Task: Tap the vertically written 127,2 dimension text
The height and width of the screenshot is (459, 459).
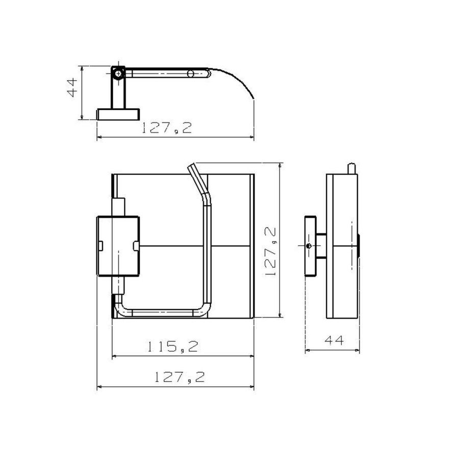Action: tap(271, 251)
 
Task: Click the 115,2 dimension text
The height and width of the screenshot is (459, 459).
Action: tap(172, 347)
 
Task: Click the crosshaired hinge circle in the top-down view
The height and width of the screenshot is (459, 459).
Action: tap(118, 73)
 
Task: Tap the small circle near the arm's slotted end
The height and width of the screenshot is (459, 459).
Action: tap(191, 74)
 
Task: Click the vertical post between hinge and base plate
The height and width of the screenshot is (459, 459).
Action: tap(118, 94)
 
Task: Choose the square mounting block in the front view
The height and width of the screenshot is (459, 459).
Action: tap(118, 246)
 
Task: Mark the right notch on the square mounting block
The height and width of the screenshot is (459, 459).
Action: tap(136, 246)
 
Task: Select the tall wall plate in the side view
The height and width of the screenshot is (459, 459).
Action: tap(310, 246)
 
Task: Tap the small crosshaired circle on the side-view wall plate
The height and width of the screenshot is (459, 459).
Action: tap(309, 246)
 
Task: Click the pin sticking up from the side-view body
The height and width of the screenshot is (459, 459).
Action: tap(350, 169)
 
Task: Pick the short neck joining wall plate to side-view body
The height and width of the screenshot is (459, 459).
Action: tap(321, 246)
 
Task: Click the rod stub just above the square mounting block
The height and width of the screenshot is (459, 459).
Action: tap(118, 207)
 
